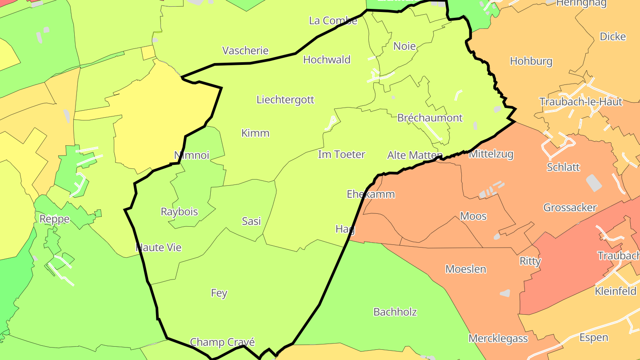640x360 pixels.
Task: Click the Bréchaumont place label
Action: tap(430, 118)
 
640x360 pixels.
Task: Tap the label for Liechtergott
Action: tap(285, 100)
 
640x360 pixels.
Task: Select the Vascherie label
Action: tap(245, 51)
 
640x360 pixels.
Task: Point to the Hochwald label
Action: tap(327, 60)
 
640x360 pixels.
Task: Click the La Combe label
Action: tap(333, 21)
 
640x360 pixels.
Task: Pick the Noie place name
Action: tap(404, 46)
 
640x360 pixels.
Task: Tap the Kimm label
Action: tap(255, 133)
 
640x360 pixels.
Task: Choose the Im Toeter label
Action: tap(341, 155)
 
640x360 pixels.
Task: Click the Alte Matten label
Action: tap(415, 155)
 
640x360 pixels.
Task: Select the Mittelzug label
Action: tap(491, 154)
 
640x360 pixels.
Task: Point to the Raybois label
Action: tap(179, 212)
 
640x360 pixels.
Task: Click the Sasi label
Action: tap(251, 221)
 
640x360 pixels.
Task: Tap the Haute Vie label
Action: tap(159, 248)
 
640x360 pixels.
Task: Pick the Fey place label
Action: tap(219, 293)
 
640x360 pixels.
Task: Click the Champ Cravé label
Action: tap(222, 342)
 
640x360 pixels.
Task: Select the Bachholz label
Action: tap(395, 312)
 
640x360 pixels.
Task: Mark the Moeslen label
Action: tap(465, 269)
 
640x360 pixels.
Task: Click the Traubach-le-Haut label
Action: tap(580, 102)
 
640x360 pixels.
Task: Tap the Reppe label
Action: tap(55, 219)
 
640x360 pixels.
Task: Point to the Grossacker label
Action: tap(570, 208)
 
